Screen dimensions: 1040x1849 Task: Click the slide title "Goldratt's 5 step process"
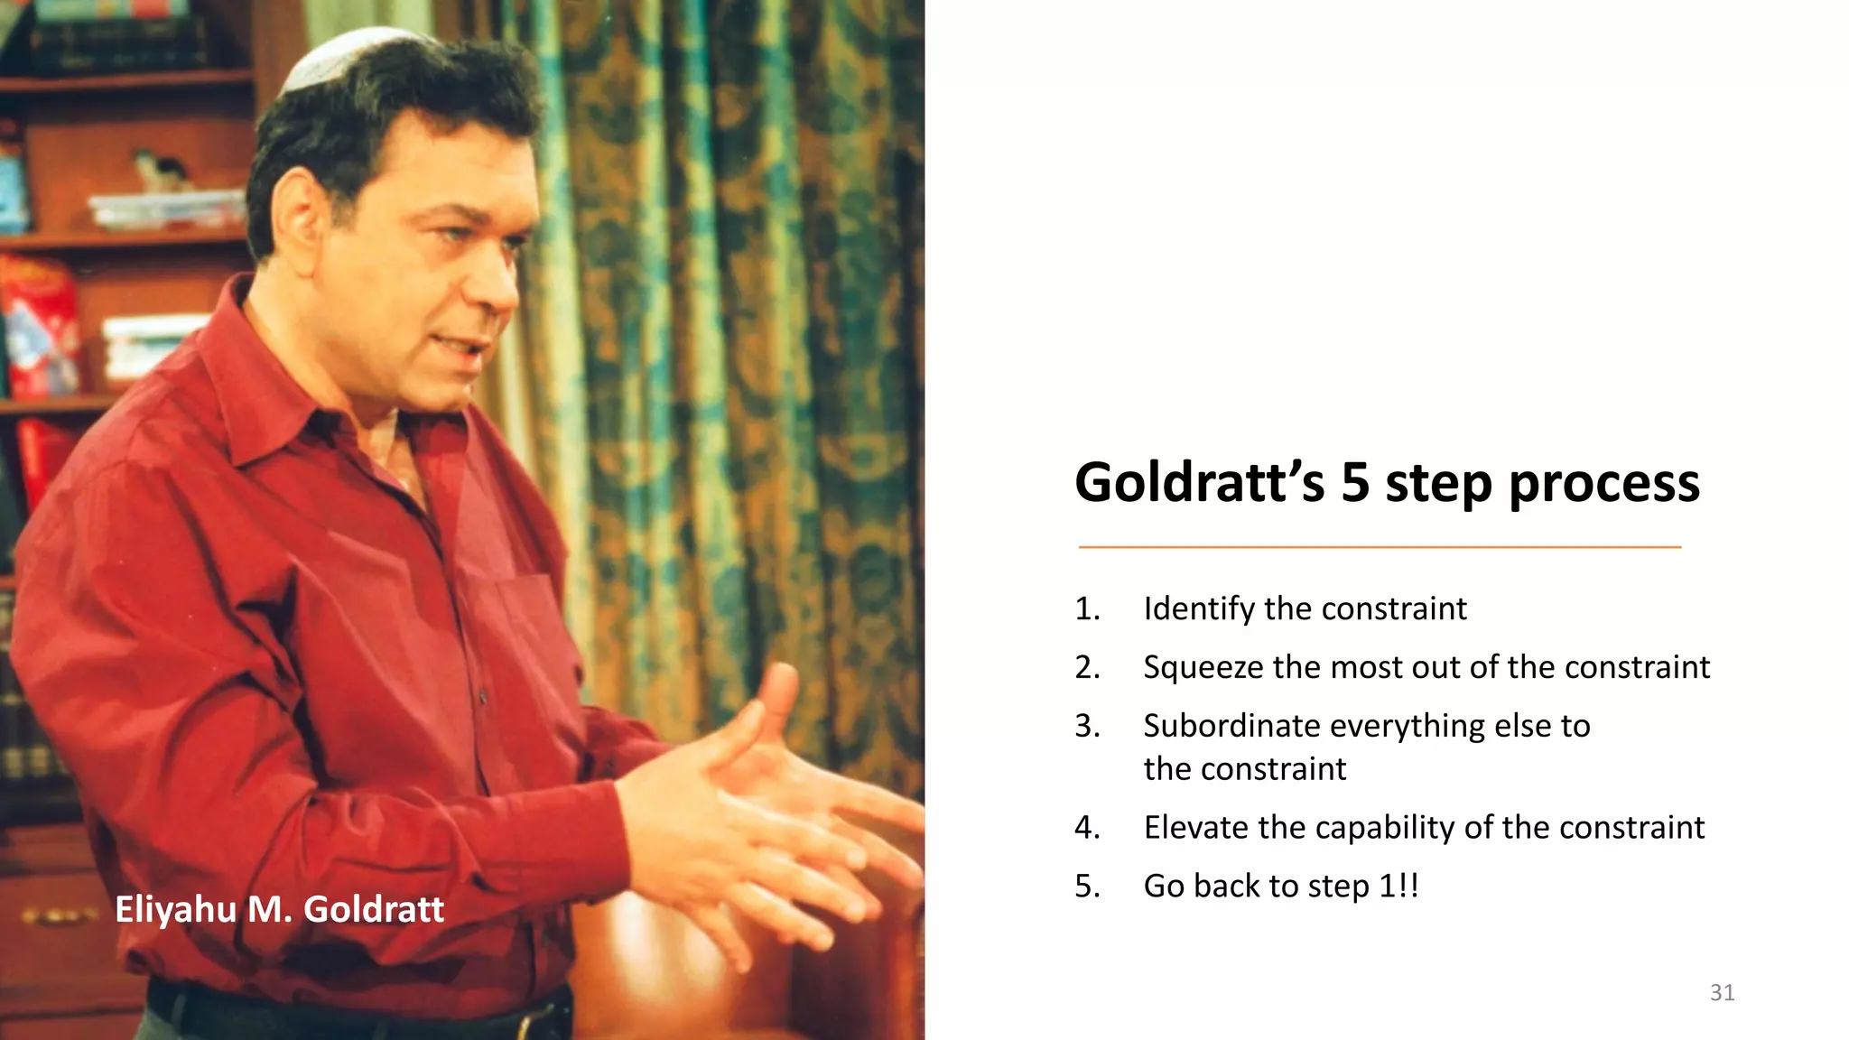coord(1387,483)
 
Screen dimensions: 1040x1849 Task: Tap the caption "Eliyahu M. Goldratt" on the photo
coord(279,909)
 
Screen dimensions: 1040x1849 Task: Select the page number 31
coord(1722,993)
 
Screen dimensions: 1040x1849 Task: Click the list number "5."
coord(1087,887)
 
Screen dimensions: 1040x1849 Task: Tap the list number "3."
coord(1087,726)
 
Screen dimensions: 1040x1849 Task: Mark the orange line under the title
coord(1380,547)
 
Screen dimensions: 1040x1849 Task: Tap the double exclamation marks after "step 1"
coord(1408,886)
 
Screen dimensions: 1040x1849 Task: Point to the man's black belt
coord(361,1016)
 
